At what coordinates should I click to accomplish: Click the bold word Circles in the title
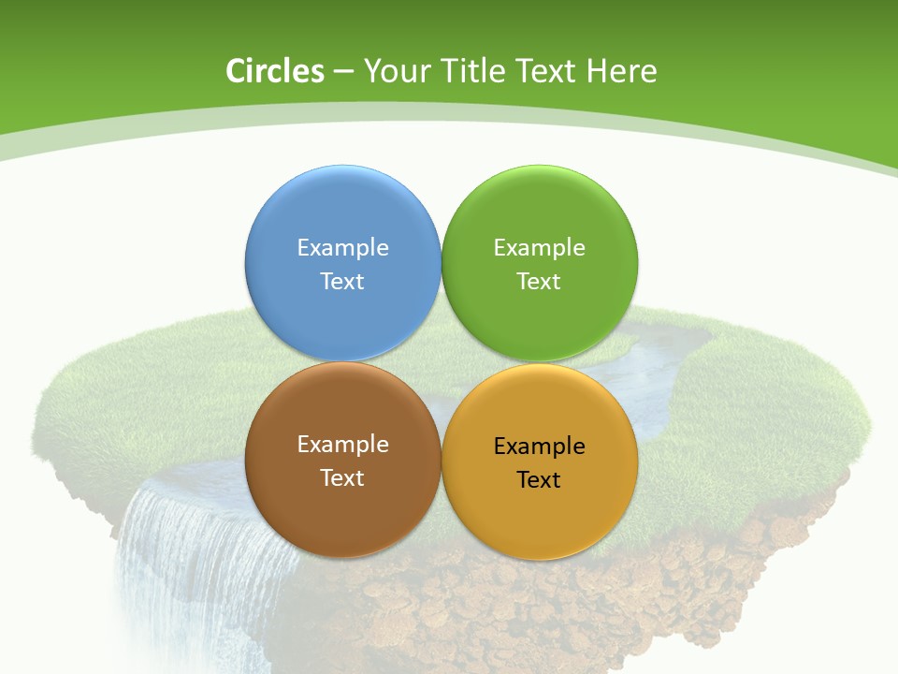pyautogui.click(x=275, y=71)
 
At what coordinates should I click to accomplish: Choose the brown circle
pyautogui.click(x=342, y=509)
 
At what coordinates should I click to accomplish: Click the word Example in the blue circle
pyautogui.click(x=342, y=247)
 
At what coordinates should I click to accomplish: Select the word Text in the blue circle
pyautogui.click(x=342, y=281)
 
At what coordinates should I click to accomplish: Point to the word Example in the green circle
pyautogui.click(x=540, y=247)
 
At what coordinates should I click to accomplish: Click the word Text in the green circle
pyautogui.click(x=540, y=281)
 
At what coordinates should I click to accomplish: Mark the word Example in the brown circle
pyautogui.click(x=342, y=444)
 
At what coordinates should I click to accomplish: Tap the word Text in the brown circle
pyautogui.click(x=342, y=477)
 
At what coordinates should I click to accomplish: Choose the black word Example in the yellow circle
pyautogui.click(x=540, y=446)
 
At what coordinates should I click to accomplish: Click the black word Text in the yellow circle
pyautogui.click(x=540, y=479)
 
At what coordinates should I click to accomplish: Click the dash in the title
pyautogui.click(x=342, y=72)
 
